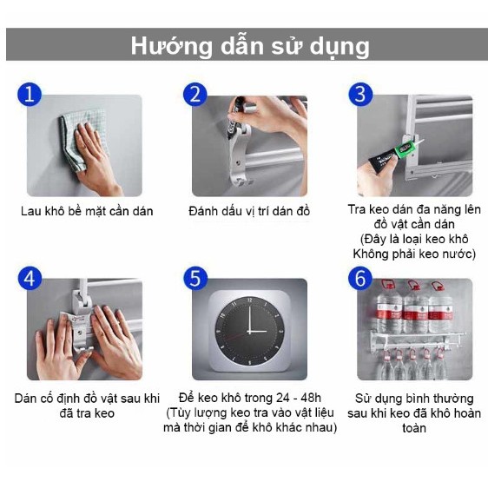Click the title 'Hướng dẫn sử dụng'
point(250,45)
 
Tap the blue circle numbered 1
point(30,94)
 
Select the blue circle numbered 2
point(195,94)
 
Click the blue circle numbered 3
point(359,94)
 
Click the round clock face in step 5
point(249,329)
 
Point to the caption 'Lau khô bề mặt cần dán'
point(87,211)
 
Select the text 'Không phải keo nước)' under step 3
point(414,254)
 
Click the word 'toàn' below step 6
point(414,428)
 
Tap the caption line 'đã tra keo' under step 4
point(87,413)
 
